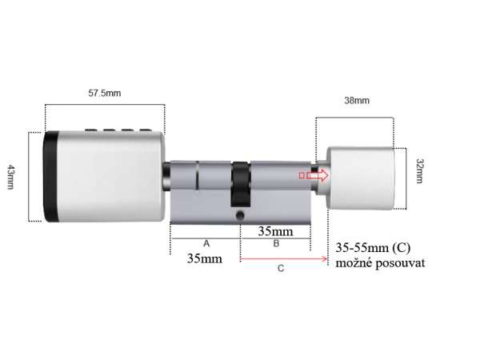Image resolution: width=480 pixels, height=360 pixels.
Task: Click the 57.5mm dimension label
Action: click(104, 93)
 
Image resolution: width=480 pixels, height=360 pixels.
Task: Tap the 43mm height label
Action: click(10, 177)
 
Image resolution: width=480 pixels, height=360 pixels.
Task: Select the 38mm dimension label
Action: click(357, 101)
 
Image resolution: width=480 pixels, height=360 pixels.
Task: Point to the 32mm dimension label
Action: click(420, 171)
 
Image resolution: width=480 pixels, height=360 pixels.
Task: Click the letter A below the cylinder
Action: click(206, 244)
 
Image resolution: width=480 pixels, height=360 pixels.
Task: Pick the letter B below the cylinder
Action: click(276, 243)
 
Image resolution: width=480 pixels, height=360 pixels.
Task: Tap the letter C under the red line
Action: click(281, 269)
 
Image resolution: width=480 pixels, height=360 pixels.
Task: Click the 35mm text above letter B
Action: click(275, 231)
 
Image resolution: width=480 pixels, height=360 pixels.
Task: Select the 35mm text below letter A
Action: click(205, 258)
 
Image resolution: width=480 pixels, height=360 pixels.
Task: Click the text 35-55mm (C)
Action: click(373, 247)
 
